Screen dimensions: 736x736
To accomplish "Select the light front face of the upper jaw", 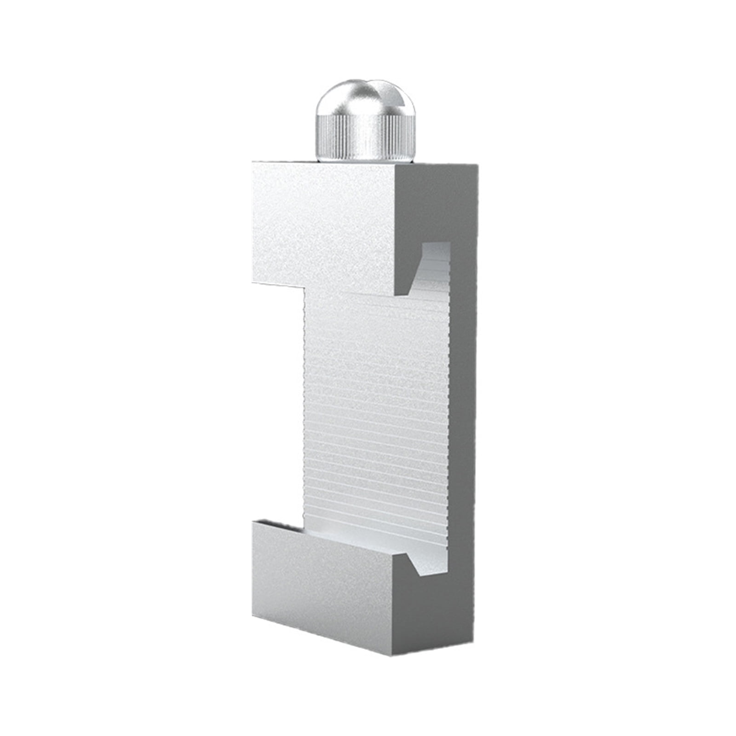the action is [x=322, y=225].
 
